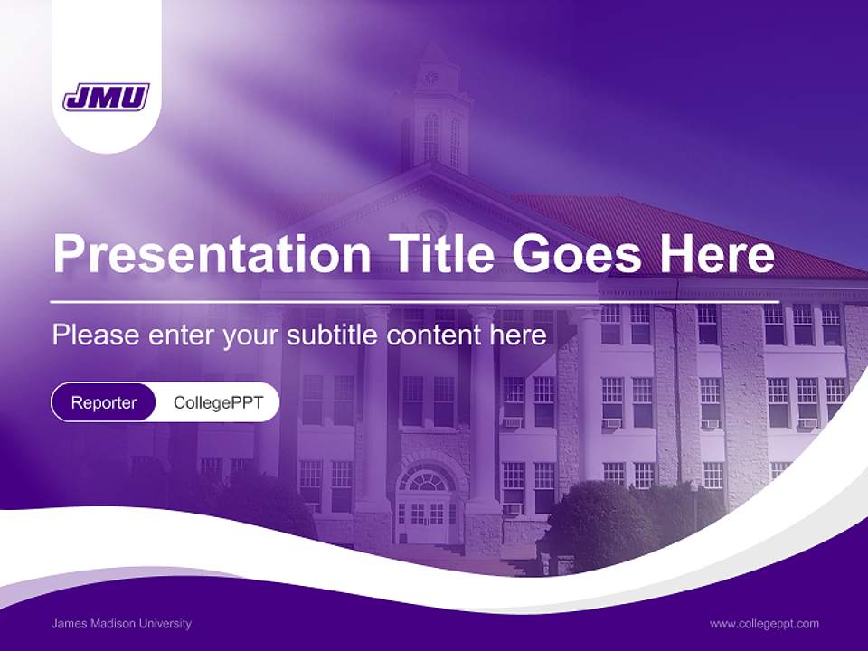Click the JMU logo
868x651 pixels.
[106, 97]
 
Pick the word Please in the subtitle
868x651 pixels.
[90, 335]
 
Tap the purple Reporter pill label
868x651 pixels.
[103, 402]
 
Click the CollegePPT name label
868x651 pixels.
[218, 402]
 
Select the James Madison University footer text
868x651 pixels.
[121, 624]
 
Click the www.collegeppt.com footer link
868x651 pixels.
[764, 624]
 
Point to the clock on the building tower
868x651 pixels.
[431, 77]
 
